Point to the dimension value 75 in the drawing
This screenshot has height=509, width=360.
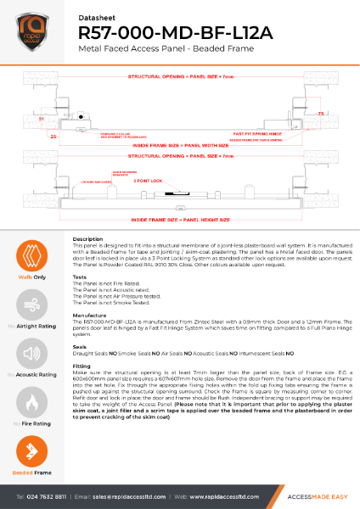(x=320, y=113)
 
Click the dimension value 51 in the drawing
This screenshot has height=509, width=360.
(x=42, y=120)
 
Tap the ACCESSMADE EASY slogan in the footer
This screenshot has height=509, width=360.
(x=309, y=495)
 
